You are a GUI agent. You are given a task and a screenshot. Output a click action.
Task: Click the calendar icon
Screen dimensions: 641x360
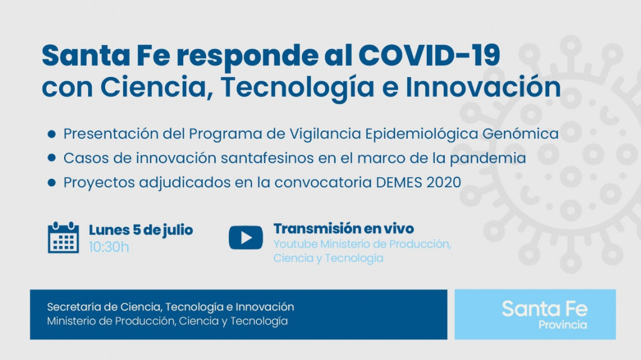(x=64, y=238)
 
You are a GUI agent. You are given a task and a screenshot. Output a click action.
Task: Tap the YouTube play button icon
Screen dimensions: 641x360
(x=246, y=238)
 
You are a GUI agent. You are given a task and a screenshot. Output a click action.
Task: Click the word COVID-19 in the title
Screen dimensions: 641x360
(x=429, y=55)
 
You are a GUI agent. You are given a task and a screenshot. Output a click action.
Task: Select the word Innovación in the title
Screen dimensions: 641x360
(x=483, y=87)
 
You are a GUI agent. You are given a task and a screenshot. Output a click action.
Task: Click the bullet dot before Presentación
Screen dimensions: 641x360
(x=52, y=134)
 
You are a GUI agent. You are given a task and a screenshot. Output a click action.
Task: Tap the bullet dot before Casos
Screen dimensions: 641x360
(x=52, y=158)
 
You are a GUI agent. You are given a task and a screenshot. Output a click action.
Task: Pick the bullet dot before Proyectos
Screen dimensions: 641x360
(x=52, y=182)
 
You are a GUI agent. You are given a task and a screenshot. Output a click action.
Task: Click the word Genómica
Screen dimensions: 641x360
(x=521, y=134)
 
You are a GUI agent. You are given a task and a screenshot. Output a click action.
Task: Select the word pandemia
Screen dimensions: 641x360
(x=487, y=158)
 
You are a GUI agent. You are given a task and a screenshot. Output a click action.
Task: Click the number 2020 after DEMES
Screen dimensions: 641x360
(x=444, y=182)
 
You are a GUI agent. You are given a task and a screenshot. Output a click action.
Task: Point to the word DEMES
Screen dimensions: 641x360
(x=399, y=182)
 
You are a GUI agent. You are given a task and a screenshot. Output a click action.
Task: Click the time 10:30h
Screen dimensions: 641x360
(x=109, y=247)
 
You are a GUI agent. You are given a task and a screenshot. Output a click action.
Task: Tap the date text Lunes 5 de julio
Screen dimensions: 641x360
(x=141, y=230)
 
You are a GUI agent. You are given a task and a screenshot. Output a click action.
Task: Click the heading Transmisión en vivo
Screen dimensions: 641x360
(x=344, y=228)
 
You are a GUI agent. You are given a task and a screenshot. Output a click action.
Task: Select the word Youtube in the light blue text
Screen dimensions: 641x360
(x=295, y=244)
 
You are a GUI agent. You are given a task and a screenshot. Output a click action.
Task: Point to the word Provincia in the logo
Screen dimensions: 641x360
(x=562, y=325)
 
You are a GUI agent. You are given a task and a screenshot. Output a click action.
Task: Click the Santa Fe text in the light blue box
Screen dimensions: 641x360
(x=544, y=309)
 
